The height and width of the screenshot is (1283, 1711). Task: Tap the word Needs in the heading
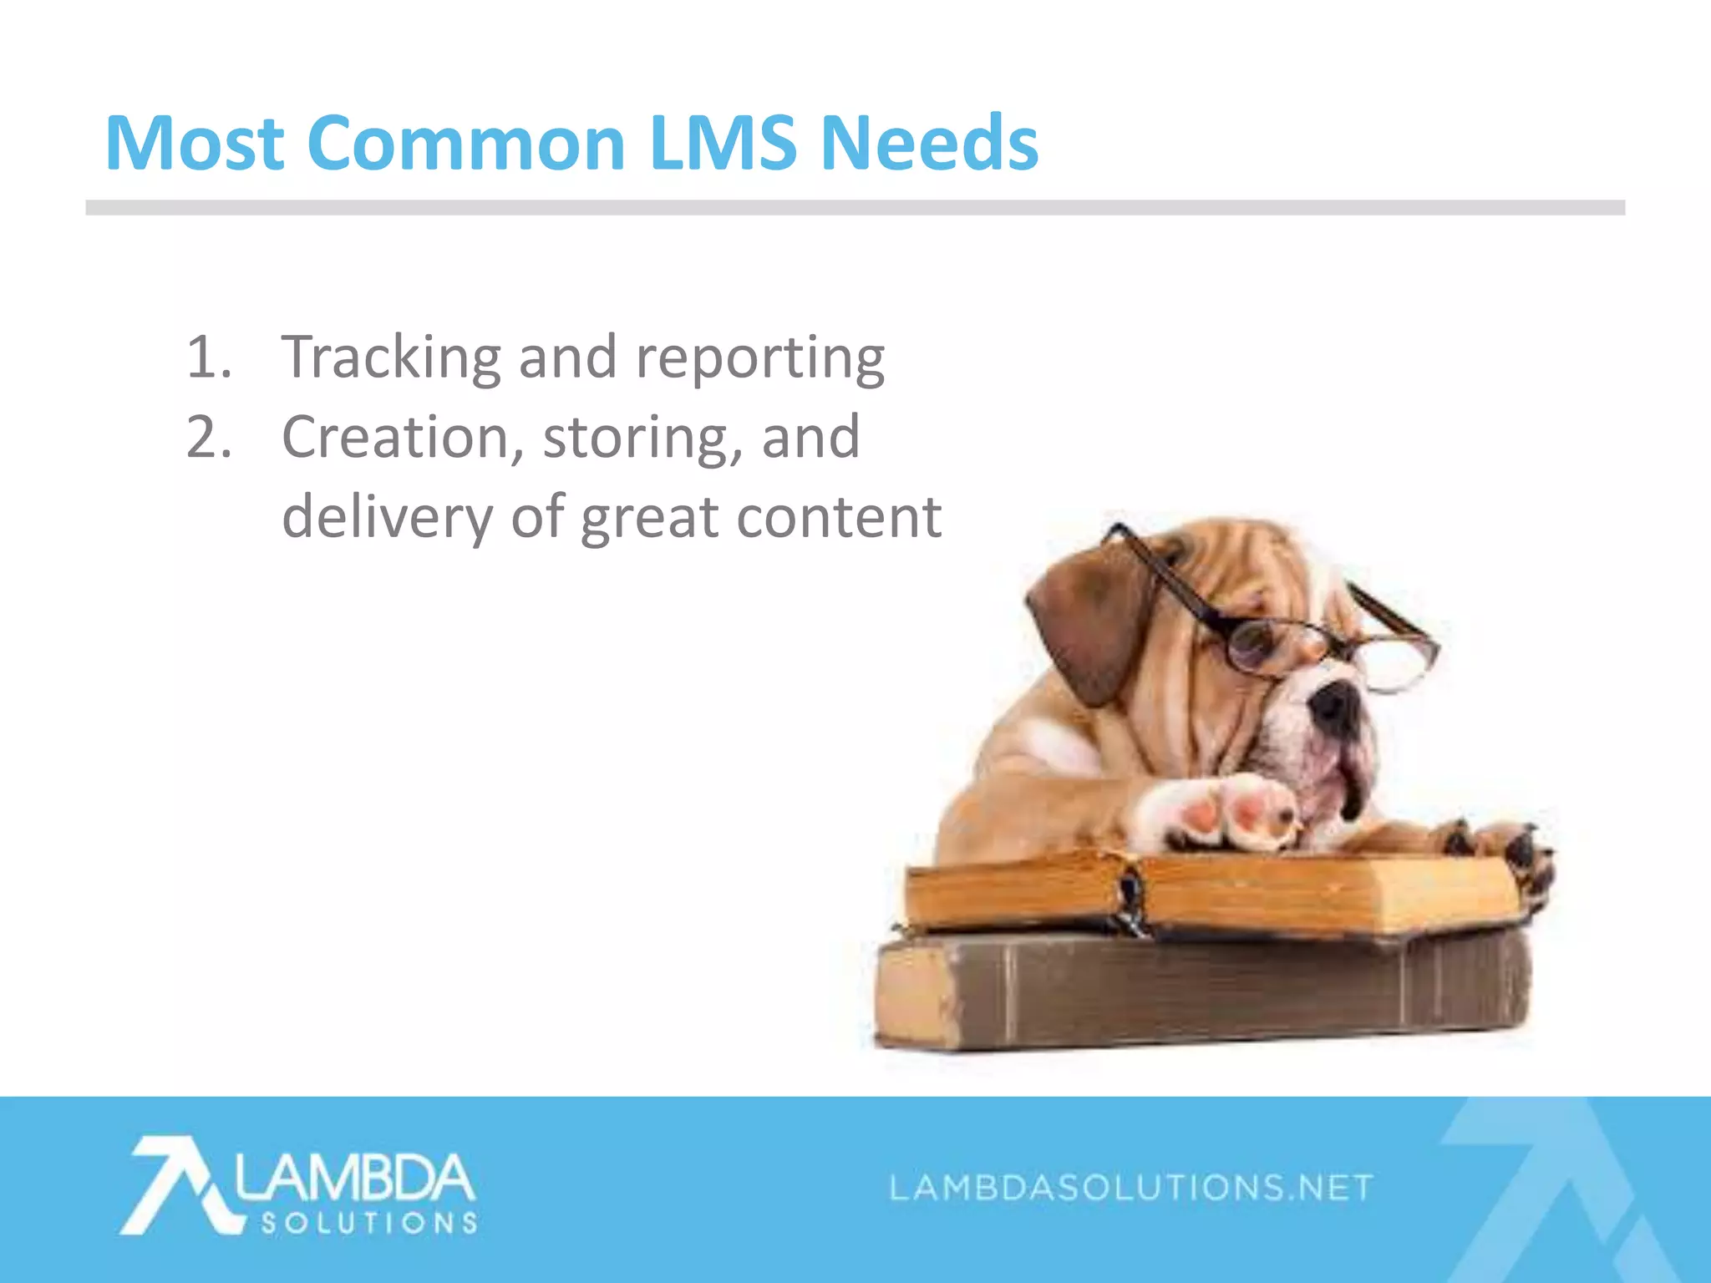(929, 144)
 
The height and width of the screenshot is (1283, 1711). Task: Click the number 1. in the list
(209, 358)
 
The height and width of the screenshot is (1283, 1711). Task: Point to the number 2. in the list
(209, 437)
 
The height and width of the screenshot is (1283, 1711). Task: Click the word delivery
(388, 518)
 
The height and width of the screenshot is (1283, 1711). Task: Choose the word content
(839, 518)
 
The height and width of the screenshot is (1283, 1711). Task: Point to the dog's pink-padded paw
(1228, 810)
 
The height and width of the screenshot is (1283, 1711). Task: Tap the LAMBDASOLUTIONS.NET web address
(1131, 1187)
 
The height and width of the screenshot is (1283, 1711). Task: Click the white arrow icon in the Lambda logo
(180, 1182)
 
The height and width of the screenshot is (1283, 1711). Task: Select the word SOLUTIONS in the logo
(369, 1224)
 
